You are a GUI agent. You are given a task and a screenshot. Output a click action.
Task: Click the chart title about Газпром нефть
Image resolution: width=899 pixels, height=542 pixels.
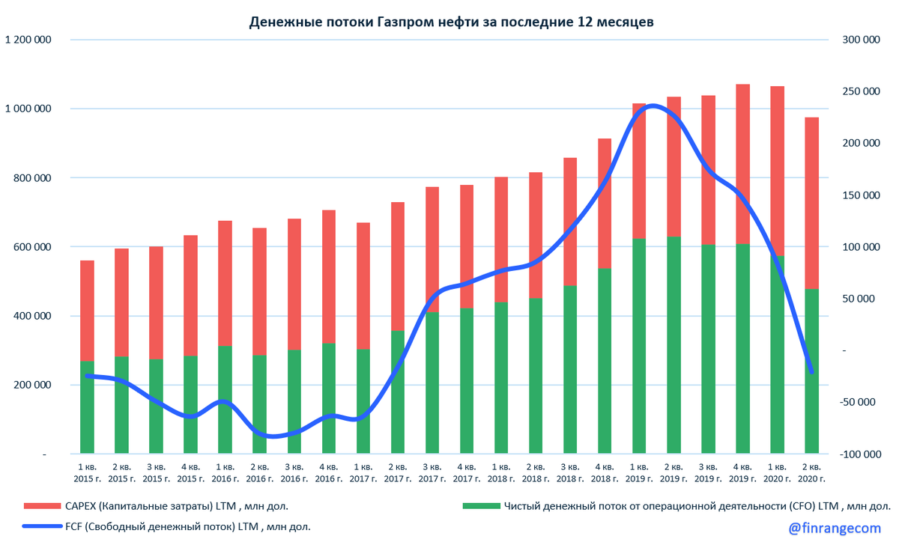[451, 22]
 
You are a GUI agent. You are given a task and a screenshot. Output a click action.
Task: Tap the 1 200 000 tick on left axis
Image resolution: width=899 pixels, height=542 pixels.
[28, 40]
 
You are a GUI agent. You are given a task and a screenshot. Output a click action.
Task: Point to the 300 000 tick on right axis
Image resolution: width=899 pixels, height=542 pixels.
[858, 40]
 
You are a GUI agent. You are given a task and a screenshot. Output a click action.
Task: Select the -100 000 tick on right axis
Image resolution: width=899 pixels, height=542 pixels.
[856, 454]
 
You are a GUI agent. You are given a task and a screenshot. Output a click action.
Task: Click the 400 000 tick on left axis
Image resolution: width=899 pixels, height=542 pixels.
[32, 316]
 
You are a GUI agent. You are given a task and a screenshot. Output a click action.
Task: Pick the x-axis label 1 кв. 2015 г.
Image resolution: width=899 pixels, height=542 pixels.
[87, 473]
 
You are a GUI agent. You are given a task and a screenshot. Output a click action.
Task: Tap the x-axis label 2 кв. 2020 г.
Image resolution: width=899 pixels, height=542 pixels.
[811, 473]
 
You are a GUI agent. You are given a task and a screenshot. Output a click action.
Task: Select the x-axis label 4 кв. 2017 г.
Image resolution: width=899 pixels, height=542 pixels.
[466, 473]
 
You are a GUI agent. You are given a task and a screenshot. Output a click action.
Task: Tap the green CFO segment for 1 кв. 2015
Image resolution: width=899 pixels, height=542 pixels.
[87, 408]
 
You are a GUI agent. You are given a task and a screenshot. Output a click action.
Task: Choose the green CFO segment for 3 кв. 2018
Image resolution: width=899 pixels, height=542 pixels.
[570, 370]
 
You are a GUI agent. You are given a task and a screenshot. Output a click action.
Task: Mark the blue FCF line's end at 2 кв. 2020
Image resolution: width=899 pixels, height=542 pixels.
[811, 371]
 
